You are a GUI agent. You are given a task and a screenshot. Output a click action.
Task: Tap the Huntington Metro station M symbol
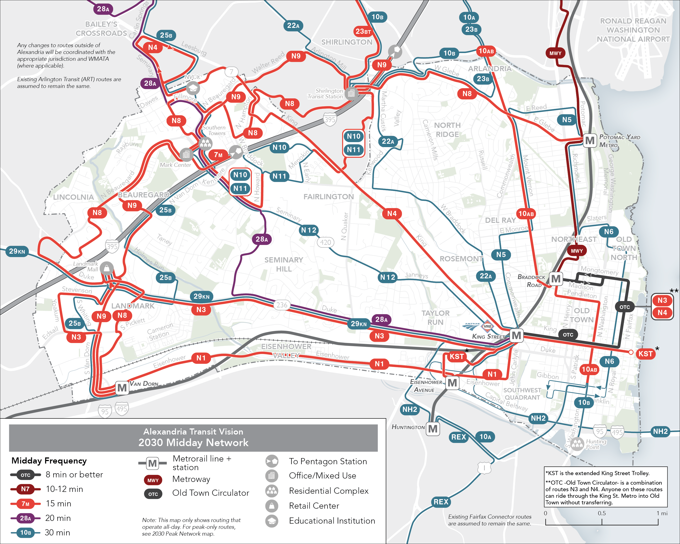(433, 429)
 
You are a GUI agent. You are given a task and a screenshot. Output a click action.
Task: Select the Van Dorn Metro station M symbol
(122, 388)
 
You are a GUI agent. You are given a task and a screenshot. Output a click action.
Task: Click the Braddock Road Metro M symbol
(556, 279)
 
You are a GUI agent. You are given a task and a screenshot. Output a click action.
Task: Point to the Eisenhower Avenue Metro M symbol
(452, 383)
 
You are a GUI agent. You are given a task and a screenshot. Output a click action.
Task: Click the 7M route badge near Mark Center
(218, 155)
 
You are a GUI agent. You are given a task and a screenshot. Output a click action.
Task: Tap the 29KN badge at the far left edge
(17, 251)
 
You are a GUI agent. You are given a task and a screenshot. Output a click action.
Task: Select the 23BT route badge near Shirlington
(363, 32)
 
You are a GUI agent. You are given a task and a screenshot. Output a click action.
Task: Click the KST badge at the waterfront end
(645, 354)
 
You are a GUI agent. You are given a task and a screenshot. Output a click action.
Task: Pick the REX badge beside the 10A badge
(458, 437)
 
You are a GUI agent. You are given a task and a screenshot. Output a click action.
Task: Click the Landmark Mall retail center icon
(107, 268)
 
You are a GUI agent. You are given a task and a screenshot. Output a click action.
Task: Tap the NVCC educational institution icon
(193, 87)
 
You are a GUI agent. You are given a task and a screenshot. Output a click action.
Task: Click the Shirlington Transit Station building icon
(351, 94)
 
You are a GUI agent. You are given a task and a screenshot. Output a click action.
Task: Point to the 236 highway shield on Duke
(282, 305)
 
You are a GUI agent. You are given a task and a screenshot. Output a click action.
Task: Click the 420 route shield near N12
(325, 243)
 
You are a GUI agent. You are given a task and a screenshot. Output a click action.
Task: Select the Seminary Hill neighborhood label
(284, 264)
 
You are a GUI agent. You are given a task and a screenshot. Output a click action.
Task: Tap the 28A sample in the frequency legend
(26, 518)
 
